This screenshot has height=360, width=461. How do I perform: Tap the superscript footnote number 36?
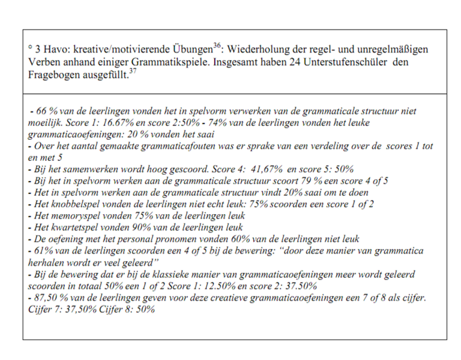[217, 46]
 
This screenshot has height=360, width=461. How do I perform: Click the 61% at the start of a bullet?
[43, 250]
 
